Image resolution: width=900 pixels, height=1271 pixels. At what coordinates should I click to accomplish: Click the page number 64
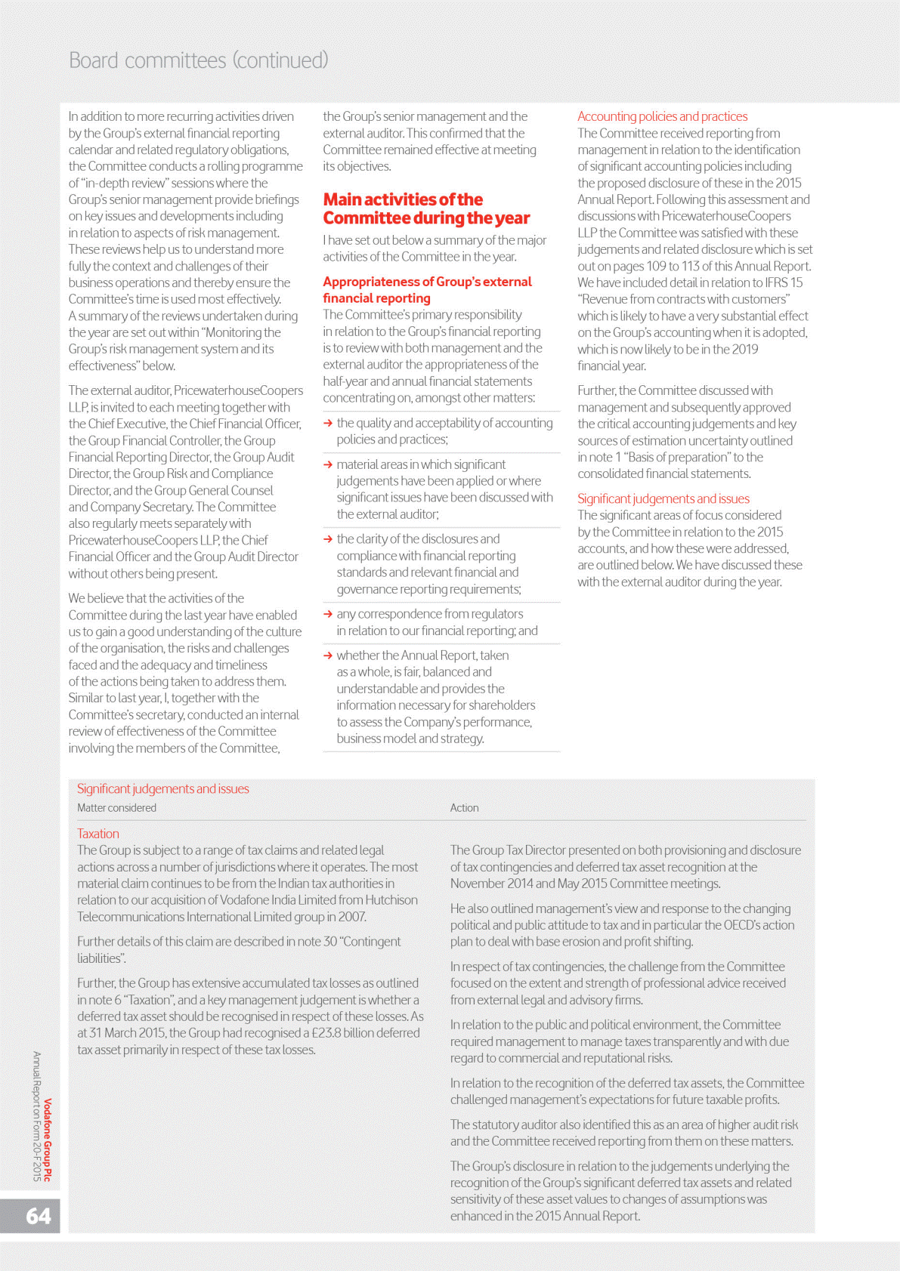(39, 1216)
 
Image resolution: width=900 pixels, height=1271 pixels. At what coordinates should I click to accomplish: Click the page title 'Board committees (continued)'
(198, 60)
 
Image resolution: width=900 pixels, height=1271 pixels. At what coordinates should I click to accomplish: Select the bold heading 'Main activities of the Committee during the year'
(426, 209)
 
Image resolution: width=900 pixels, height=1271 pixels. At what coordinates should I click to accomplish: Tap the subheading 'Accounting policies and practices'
(662, 116)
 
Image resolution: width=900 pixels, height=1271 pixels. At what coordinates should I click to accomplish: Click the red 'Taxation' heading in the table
(98, 834)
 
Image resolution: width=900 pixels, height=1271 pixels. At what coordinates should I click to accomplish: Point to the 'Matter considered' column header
(116, 808)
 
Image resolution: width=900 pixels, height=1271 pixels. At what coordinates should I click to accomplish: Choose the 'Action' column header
(464, 808)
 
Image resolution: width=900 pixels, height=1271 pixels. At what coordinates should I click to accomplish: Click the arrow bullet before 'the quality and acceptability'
(328, 424)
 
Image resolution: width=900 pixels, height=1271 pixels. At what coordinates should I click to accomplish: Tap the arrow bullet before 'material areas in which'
(328, 465)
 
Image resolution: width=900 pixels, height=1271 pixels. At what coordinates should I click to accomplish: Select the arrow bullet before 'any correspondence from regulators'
(328, 615)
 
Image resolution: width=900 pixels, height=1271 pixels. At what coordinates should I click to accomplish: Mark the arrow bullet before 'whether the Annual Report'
(328, 656)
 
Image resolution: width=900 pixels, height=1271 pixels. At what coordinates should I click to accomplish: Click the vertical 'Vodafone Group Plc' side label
(48, 1140)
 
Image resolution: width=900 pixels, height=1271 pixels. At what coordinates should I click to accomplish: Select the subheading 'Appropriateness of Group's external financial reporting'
(427, 290)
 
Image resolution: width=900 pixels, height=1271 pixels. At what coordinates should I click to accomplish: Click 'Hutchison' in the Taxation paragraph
(391, 900)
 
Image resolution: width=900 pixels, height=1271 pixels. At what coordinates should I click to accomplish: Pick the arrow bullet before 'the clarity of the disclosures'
(328, 540)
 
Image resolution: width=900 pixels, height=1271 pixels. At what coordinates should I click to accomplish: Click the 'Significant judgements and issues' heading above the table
(162, 789)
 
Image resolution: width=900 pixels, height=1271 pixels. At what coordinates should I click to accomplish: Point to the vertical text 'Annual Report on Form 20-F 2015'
(36, 1115)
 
